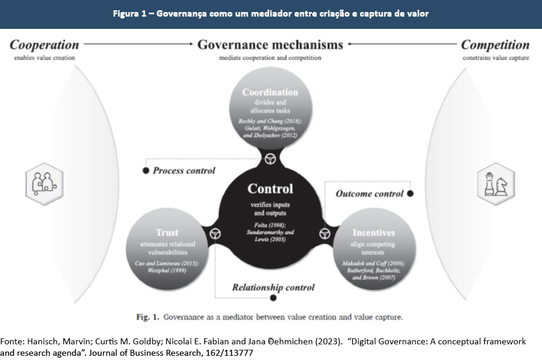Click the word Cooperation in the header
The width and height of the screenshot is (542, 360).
45,45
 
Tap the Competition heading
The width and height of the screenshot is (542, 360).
495,45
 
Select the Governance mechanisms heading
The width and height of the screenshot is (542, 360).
270,45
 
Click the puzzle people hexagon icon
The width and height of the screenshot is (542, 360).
44,182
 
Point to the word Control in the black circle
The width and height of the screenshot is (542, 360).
270,189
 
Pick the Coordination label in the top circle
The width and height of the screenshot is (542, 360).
270,92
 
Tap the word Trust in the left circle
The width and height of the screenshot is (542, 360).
167,232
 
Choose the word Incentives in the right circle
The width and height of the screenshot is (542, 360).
373,232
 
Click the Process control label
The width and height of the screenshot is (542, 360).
184,171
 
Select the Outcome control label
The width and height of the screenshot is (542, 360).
369,194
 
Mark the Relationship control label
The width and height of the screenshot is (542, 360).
273,287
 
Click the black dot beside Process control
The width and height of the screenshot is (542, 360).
145,171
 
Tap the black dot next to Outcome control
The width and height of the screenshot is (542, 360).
410,194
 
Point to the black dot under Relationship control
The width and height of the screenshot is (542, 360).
273,297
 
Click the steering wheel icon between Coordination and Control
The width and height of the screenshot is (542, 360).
270,159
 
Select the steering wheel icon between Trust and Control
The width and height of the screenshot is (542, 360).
215,234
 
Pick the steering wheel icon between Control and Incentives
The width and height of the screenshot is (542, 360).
326,234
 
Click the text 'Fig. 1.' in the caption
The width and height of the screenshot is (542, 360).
147,316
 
